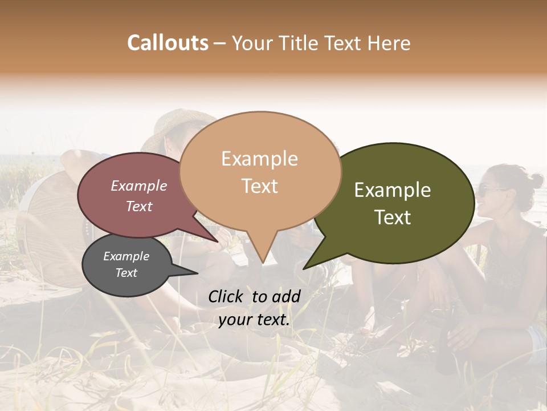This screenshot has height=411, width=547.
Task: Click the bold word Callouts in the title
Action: tap(168, 43)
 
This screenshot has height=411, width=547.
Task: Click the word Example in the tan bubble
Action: tap(259, 159)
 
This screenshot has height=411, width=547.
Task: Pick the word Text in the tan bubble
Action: tap(259, 186)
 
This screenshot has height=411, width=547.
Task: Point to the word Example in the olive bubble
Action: tap(393, 190)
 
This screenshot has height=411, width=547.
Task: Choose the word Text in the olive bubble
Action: tap(393, 217)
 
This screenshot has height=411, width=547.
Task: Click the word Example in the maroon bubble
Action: tap(138, 186)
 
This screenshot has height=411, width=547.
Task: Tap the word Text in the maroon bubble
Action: tap(138, 206)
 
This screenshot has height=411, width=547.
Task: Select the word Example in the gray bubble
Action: tap(126, 256)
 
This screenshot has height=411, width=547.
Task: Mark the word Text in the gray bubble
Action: tap(126, 273)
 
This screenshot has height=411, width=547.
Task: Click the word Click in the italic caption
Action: tap(226, 296)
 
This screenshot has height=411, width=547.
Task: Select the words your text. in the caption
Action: tap(254, 320)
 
